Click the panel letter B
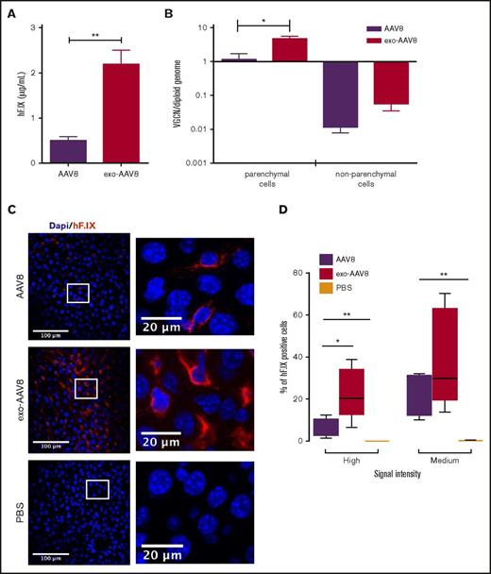click(x=169, y=14)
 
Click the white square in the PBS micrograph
click(x=97, y=488)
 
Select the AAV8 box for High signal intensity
click(x=325, y=427)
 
